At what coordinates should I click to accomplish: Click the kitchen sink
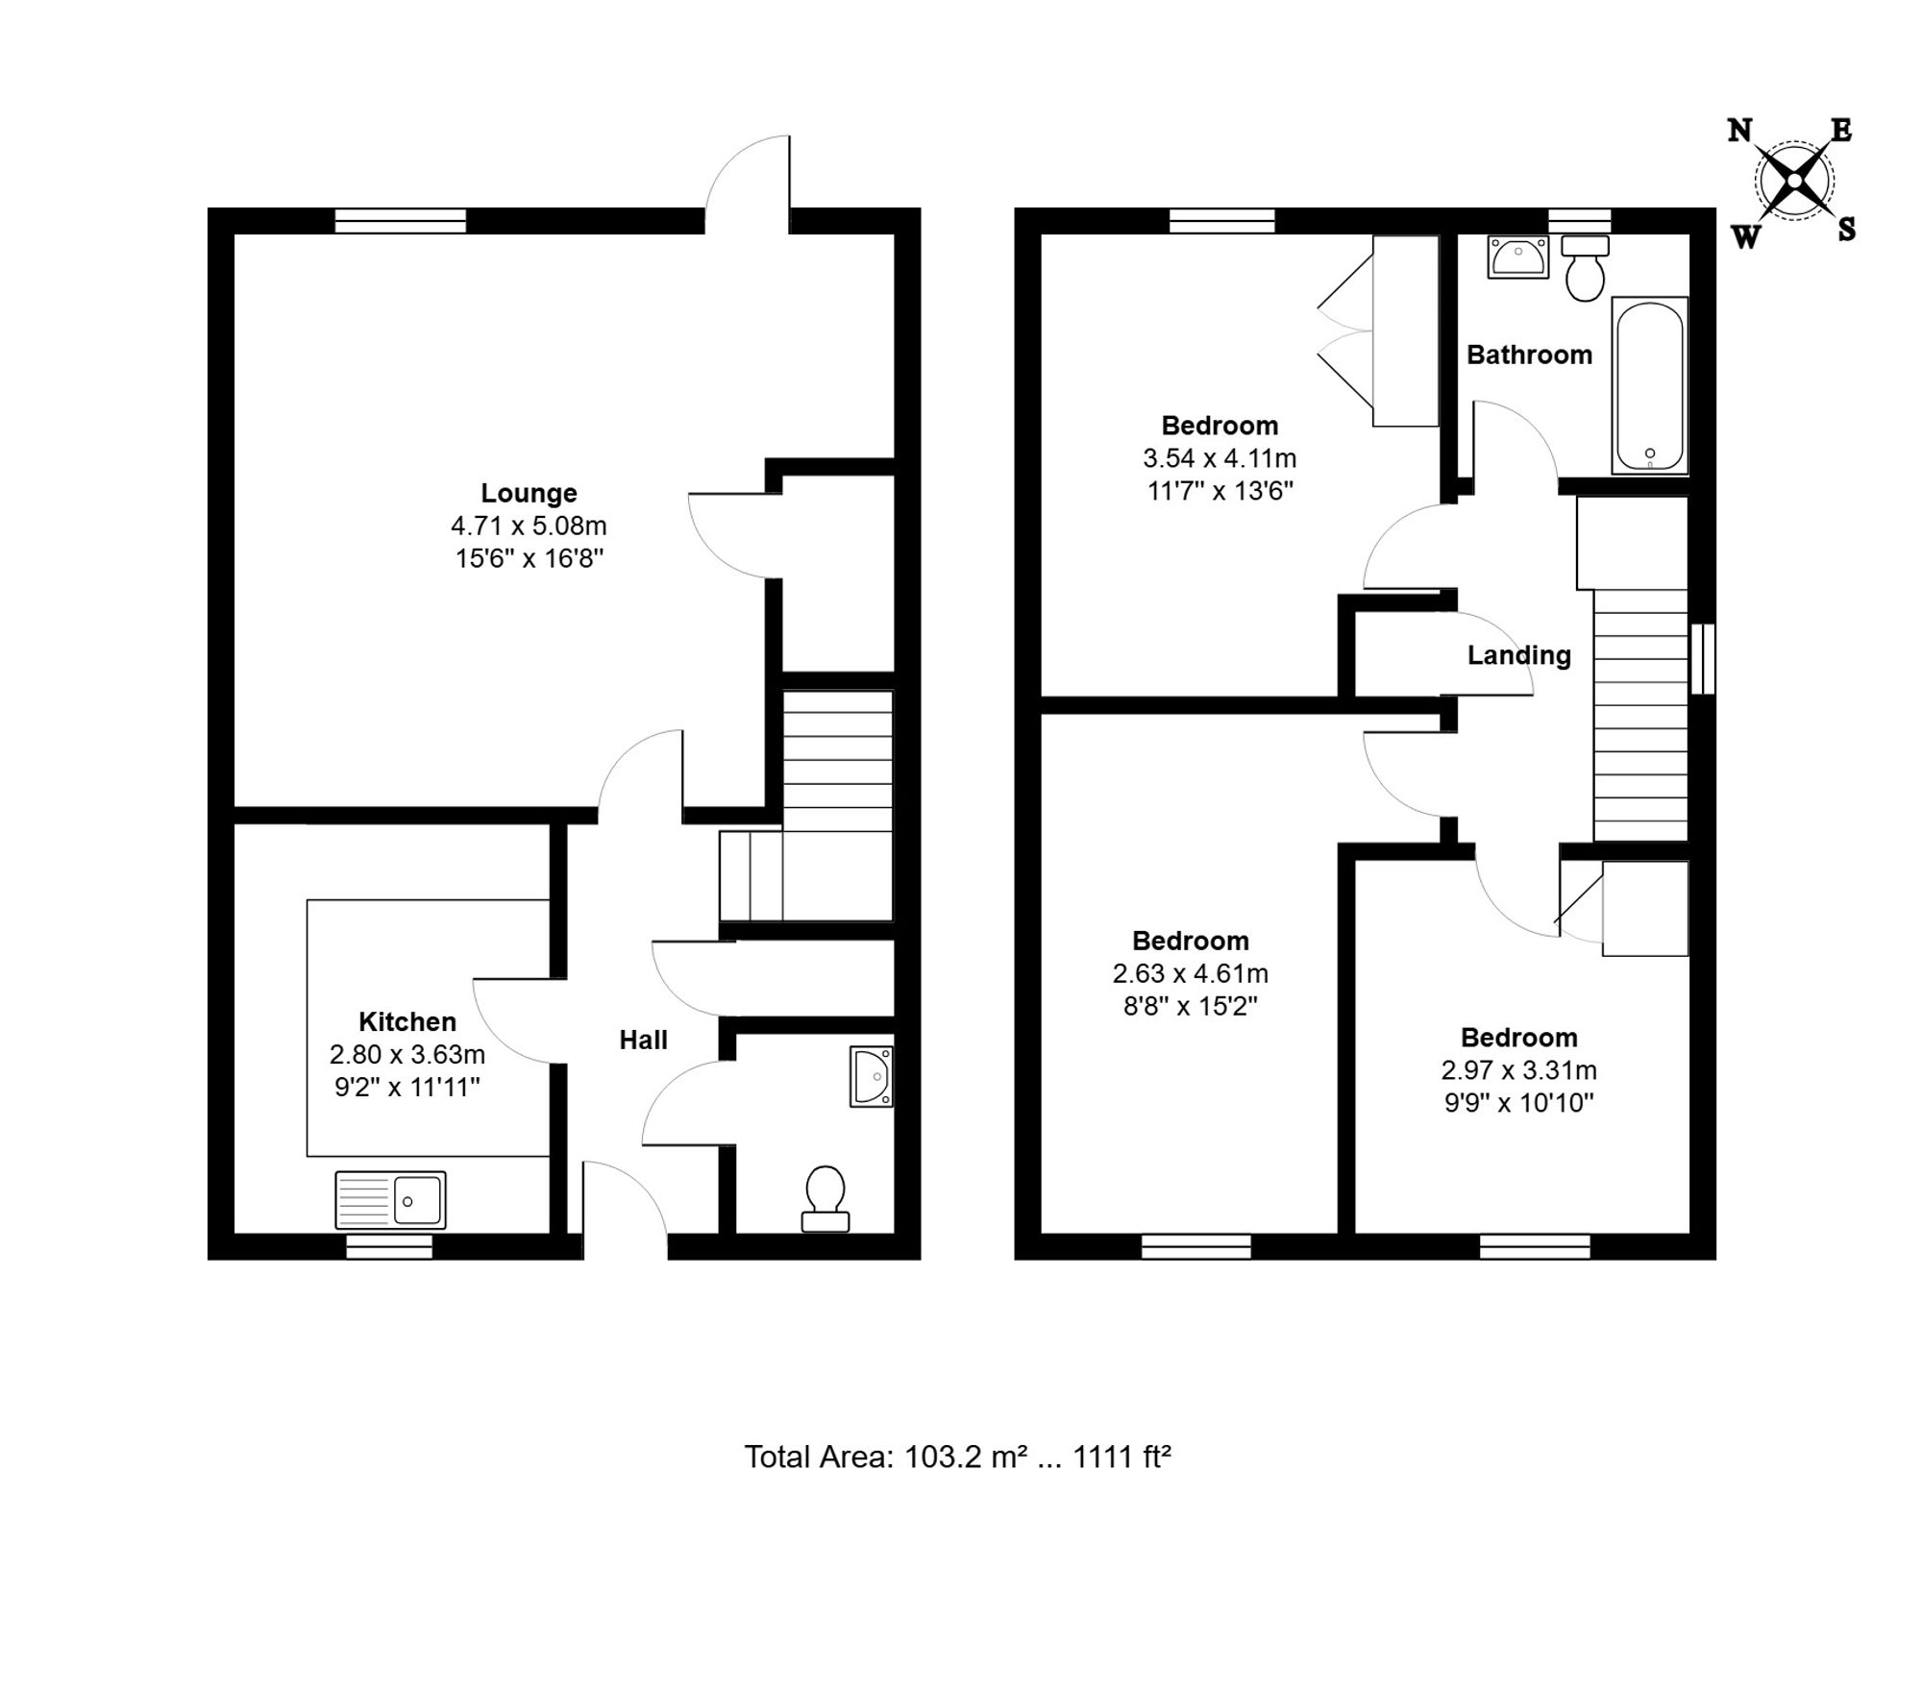(390, 1200)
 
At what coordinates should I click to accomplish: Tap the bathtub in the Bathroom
(1650, 385)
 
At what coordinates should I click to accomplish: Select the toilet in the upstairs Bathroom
(1585, 266)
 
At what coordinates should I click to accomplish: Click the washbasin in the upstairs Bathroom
(1518, 257)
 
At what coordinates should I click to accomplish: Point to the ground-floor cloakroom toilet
(825, 1198)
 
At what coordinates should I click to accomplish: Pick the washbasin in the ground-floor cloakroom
(872, 1076)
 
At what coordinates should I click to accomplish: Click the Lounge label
(529, 493)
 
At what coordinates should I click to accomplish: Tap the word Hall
(643, 1040)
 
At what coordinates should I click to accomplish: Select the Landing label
(1519, 656)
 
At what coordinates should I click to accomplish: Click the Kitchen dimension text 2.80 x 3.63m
(407, 1055)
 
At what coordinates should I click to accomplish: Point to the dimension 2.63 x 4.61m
(1191, 973)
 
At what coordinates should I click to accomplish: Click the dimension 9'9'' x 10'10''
(1519, 1103)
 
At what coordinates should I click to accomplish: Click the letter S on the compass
(1846, 230)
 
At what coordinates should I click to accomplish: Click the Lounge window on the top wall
(401, 221)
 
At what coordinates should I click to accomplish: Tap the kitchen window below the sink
(389, 1247)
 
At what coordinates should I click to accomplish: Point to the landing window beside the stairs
(1703, 659)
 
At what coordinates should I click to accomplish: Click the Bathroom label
(1529, 355)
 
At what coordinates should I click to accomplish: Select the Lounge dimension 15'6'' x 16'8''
(530, 558)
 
